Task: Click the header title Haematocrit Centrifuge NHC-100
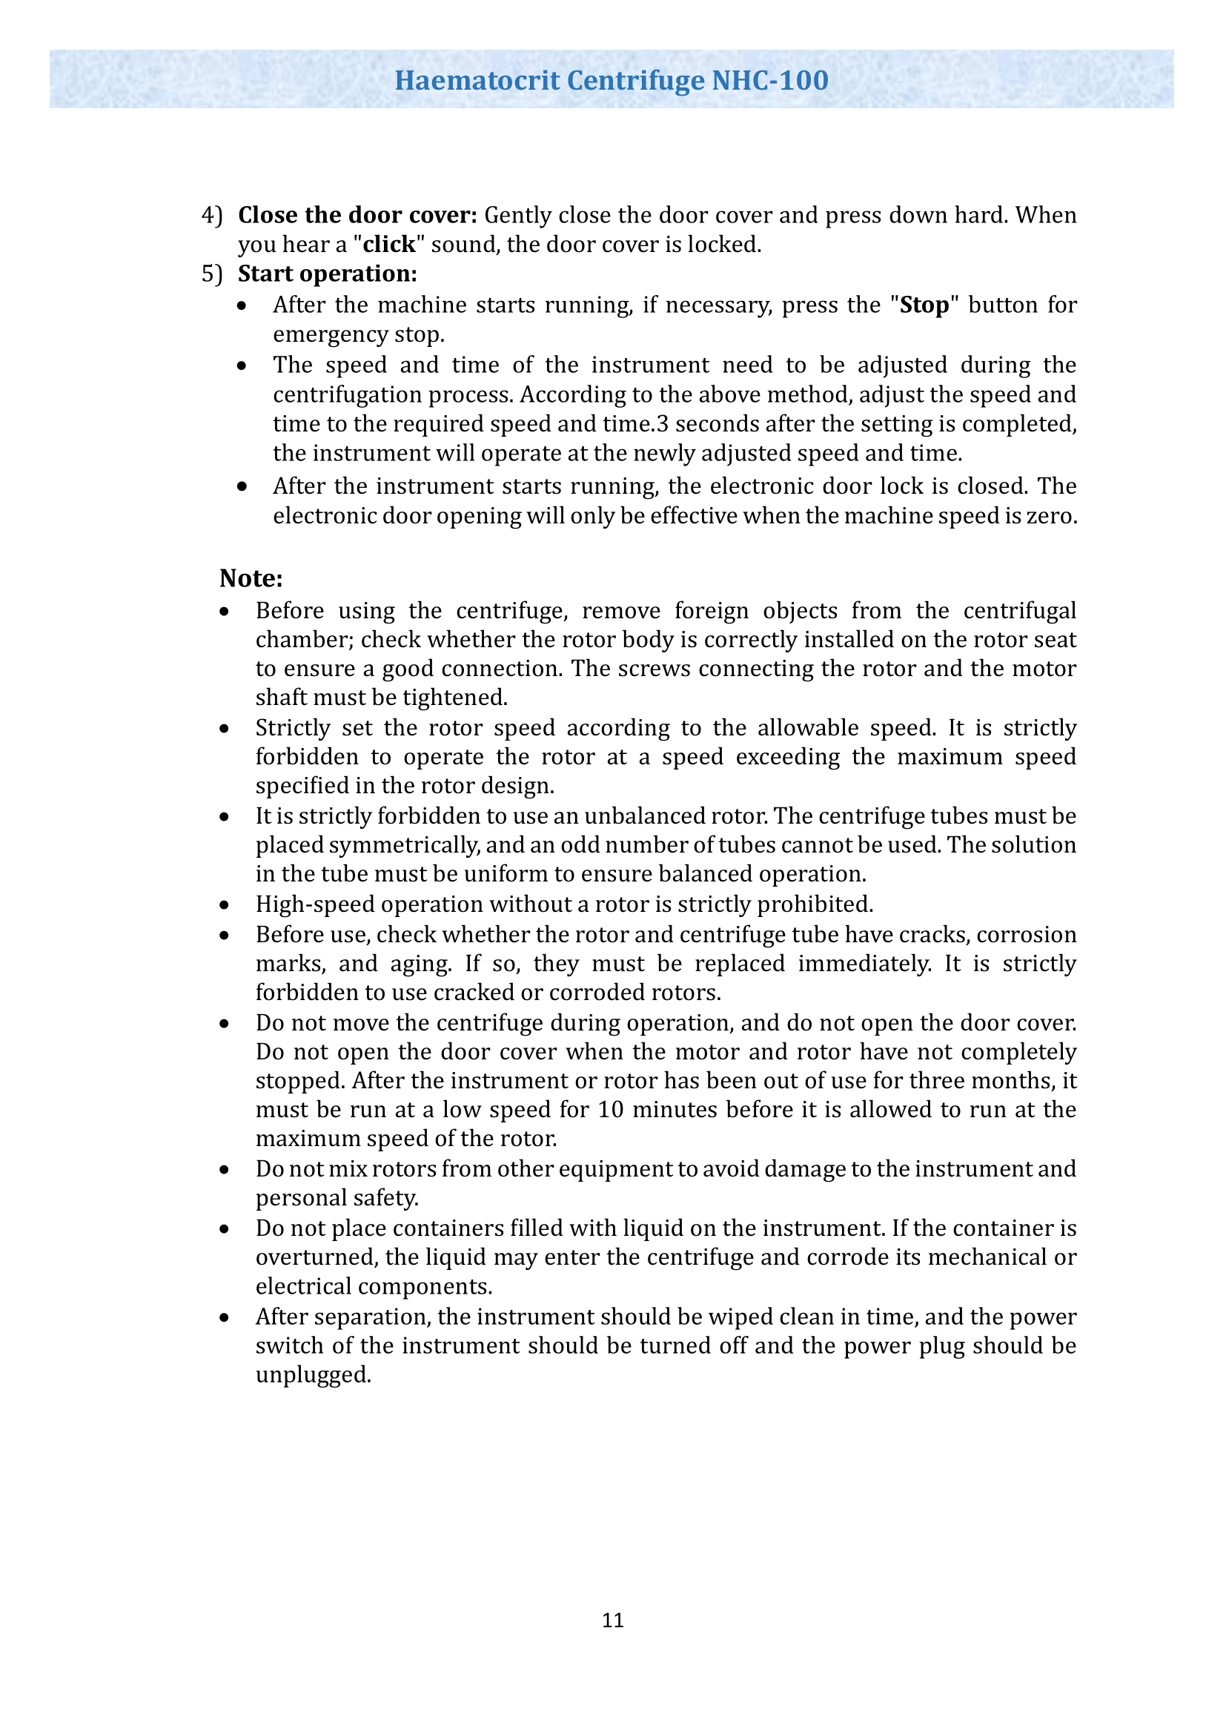tap(612, 80)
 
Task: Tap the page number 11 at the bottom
tap(613, 1620)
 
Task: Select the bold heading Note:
tap(251, 578)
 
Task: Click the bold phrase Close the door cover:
tap(358, 215)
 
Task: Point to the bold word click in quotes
tap(389, 245)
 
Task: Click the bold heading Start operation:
tap(328, 274)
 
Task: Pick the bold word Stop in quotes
tap(924, 305)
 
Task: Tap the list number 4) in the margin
tap(212, 215)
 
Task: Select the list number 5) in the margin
tap(212, 274)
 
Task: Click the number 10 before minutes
tap(612, 1110)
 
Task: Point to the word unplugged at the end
tap(313, 1374)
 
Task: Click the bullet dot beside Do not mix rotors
tap(224, 1169)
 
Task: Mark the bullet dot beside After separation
tap(224, 1317)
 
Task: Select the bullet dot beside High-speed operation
tap(224, 904)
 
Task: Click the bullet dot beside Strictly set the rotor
tap(224, 728)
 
